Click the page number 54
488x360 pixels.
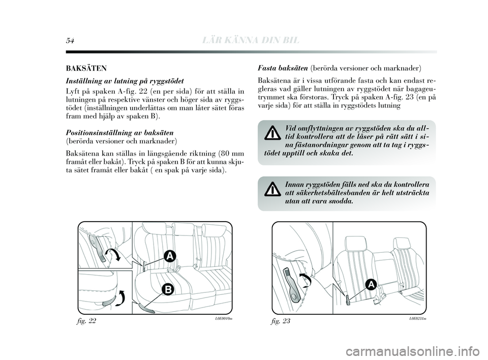pyautogui.click(x=69, y=40)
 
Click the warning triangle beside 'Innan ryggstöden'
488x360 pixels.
pyautogui.click(x=273, y=189)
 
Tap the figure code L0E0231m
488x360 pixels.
pyautogui.click(x=415, y=317)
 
